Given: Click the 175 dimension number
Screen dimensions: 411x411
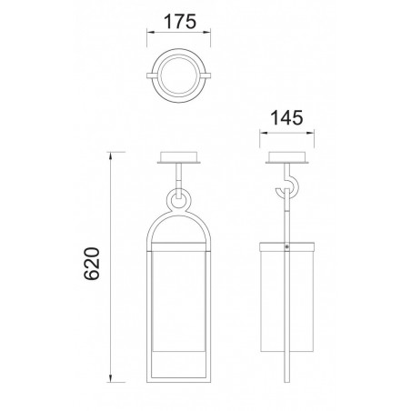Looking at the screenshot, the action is coord(180,22).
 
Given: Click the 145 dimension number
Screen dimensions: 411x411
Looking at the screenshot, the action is coord(286,118).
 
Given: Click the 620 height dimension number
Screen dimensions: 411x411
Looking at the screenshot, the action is coord(92,264).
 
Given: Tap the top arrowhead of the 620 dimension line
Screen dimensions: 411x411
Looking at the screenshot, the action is coord(111,155).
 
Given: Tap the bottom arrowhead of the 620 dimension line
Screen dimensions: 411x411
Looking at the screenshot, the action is coord(111,378).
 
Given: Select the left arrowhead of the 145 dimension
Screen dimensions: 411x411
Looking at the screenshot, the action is coord(264,133).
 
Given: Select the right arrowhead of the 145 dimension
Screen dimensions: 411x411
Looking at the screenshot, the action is coord(310,133).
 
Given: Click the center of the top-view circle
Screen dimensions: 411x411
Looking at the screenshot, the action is coord(179,75).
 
